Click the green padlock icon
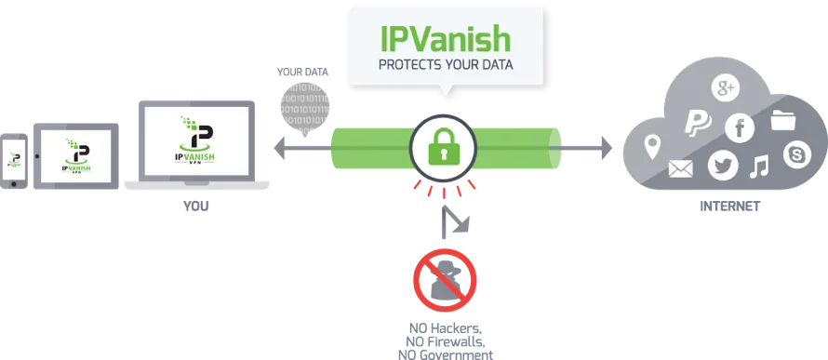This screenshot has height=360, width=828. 444,147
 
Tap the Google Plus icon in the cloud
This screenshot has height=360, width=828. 726,88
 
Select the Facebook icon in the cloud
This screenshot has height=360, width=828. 740,128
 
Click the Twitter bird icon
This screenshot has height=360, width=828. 722,166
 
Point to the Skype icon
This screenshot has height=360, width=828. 797,155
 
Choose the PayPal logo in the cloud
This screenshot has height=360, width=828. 698,122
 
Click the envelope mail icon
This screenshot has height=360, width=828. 681,168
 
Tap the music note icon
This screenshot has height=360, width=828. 760,167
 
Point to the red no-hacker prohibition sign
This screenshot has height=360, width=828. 445,280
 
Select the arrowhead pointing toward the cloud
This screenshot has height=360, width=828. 606,148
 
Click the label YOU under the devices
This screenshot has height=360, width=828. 196,206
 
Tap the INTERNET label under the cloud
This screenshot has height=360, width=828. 729,206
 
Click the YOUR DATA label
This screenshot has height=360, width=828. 302,73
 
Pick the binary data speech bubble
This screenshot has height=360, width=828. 305,107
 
